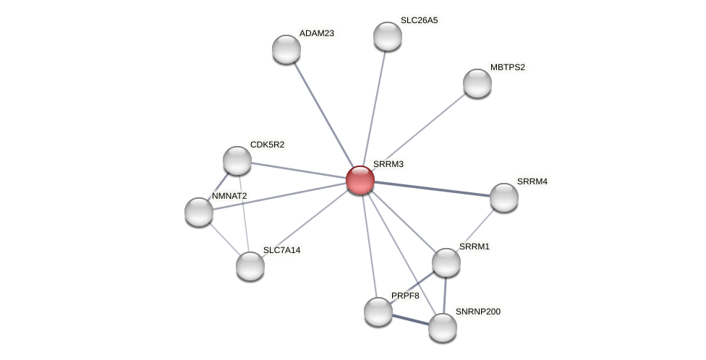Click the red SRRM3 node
tap(360, 180)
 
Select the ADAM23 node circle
tap(286, 49)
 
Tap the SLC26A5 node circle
tap(388, 36)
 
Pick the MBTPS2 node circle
tap(477, 83)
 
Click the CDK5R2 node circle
tap(237, 160)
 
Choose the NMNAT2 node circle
tap(199, 212)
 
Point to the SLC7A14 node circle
tap(250, 266)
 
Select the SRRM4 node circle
tap(504, 197)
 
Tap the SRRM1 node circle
tap(446, 262)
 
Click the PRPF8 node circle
tap(378, 312)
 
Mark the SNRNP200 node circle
tap(443, 327)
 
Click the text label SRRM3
tap(388, 164)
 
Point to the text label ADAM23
tap(317, 33)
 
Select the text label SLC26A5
tap(419, 20)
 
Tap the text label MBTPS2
tap(508, 67)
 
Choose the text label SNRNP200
tap(477, 312)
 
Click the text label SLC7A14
tap(281, 250)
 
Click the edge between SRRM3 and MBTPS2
tap(419, 132)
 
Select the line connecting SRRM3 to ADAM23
tap(323, 114)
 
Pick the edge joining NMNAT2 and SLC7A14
tap(224, 239)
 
